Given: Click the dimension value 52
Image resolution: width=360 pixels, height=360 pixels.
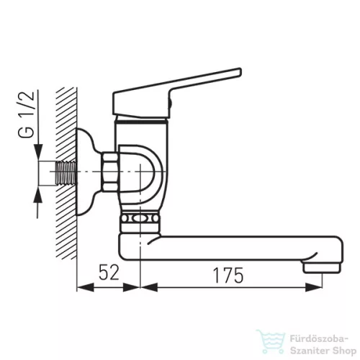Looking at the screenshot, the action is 109,272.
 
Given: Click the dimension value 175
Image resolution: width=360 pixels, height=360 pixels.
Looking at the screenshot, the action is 228,275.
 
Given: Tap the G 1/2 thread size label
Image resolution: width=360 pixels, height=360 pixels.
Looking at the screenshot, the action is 27,114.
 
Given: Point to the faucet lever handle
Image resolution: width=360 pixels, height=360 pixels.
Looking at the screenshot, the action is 177,92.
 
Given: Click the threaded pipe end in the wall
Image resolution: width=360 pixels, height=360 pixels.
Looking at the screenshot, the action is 66,173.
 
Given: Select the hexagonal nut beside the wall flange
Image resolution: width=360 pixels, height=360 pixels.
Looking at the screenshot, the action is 109,172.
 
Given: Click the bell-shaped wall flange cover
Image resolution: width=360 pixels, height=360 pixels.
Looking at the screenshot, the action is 89,171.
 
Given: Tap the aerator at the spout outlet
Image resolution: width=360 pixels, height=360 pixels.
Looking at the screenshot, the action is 322,267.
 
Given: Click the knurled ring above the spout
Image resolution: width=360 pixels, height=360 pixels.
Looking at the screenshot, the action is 140,219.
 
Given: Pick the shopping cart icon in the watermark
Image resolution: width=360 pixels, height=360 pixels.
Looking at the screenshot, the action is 271,341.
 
